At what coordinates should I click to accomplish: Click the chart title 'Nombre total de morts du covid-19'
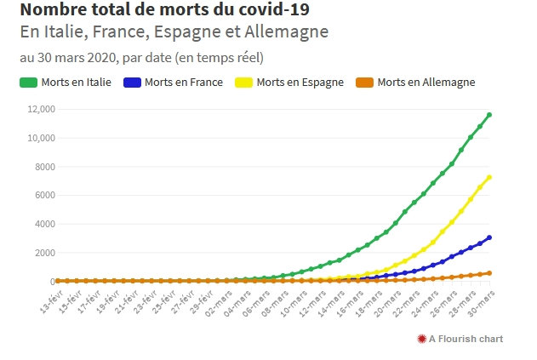pos(164,10)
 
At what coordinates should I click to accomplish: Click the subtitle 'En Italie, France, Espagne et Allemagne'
pos(174,32)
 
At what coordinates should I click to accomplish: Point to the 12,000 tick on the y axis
pos(41,110)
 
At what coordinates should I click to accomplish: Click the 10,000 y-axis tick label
pos(41,138)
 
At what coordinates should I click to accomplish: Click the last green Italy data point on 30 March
pos(489,115)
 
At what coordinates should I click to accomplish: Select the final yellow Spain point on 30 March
pos(489,177)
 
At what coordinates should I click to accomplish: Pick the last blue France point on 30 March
pos(489,237)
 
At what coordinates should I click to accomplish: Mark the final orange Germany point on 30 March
pos(489,273)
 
